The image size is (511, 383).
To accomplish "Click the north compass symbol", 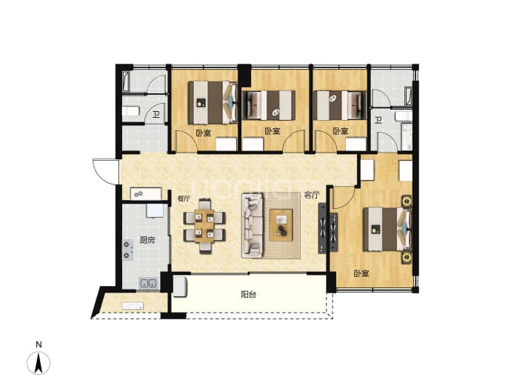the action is [x=39, y=359].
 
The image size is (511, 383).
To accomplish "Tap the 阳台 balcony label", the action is [x=248, y=295].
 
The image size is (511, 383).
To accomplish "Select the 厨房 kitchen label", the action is [x=147, y=240].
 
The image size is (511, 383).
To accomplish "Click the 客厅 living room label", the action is [x=312, y=196].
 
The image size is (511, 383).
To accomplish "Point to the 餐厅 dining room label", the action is [x=184, y=199].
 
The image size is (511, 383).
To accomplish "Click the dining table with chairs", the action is [x=204, y=226].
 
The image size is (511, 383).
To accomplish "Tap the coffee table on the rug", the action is [x=281, y=225].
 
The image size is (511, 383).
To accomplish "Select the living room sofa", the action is [x=253, y=226].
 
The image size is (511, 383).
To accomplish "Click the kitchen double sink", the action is [x=148, y=283].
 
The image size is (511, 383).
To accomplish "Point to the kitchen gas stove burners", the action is [x=127, y=250].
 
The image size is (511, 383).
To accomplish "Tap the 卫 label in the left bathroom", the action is [x=156, y=114].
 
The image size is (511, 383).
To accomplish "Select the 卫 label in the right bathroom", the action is [x=378, y=121].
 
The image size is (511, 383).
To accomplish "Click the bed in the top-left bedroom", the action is [x=213, y=102].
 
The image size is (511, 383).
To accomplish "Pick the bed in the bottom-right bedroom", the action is [x=388, y=229].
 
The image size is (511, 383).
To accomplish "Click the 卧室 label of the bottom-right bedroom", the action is [x=361, y=273].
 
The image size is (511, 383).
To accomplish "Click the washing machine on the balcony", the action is [x=180, y=287].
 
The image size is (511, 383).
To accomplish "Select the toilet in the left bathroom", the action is [x=130, y=111].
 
